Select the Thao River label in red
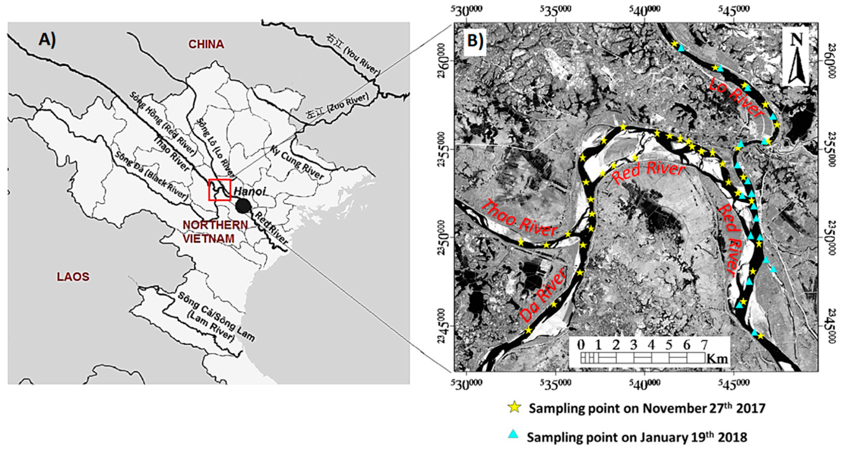(520, 219)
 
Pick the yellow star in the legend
(515, 408)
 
